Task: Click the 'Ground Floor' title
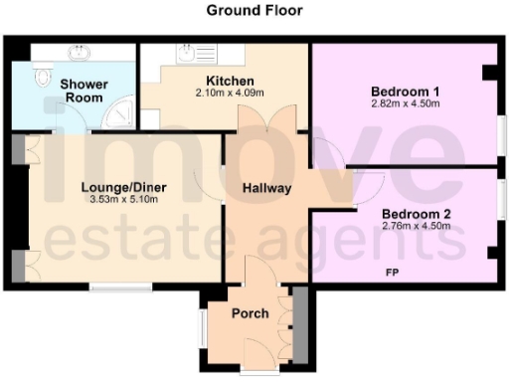254,11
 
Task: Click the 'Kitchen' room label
230,81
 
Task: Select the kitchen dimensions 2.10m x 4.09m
230,94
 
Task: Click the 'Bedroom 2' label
416,212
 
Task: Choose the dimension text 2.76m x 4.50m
416,225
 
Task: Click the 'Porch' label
250,313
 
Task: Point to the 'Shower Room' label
84,91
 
